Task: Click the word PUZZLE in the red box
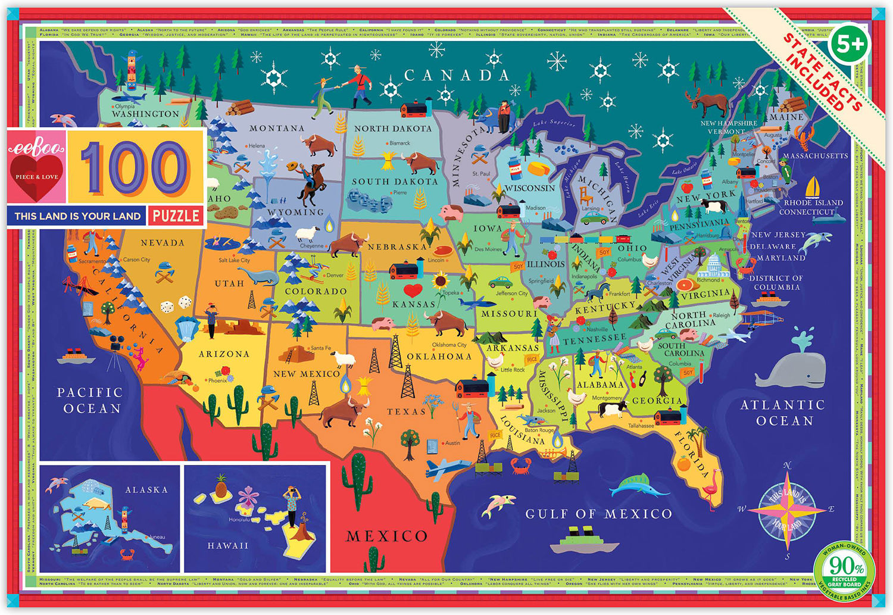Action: pos(176,216)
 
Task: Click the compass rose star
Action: pos(787,510)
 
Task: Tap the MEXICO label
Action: pos(386,536)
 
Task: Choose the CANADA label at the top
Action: pos(457,75)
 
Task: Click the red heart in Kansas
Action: pos(413,291)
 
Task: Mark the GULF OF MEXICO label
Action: pos(598,514)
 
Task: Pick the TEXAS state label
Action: pos(406,411)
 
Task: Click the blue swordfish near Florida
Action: pos(637,486)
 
